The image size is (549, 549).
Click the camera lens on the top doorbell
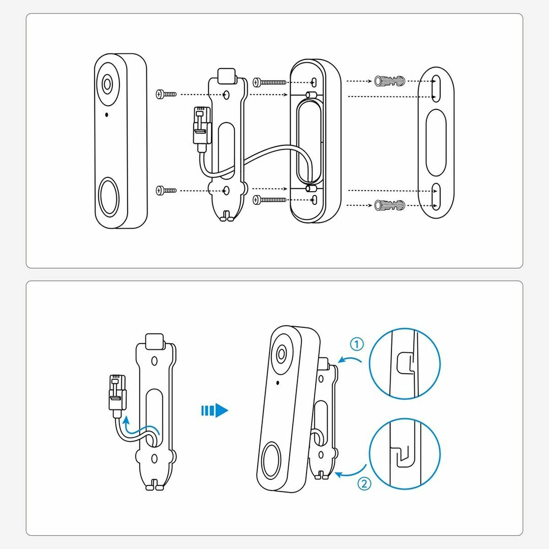pyautogui.click(x=108, y=84)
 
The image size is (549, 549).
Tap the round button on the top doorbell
pyautogui.click(x=109, y=197)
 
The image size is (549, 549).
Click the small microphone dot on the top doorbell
pyautogui.click(x=107, y=114)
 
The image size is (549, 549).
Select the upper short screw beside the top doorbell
pyautogui.click(x=166, y=94)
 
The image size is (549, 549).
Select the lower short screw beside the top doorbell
pyautogui.click(x=166, y=189)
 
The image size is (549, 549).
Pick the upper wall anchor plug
pyautogui.click(x=389, y=81)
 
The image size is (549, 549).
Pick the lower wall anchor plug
pyautogui.click(x=389, y=205)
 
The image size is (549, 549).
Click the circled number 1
pyautogui.click(x=357, y=344)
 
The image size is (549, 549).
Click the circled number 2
pyautogui.click(x=364, y=484)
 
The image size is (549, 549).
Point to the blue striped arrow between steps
pyautogui.click(x=214, y=410)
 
